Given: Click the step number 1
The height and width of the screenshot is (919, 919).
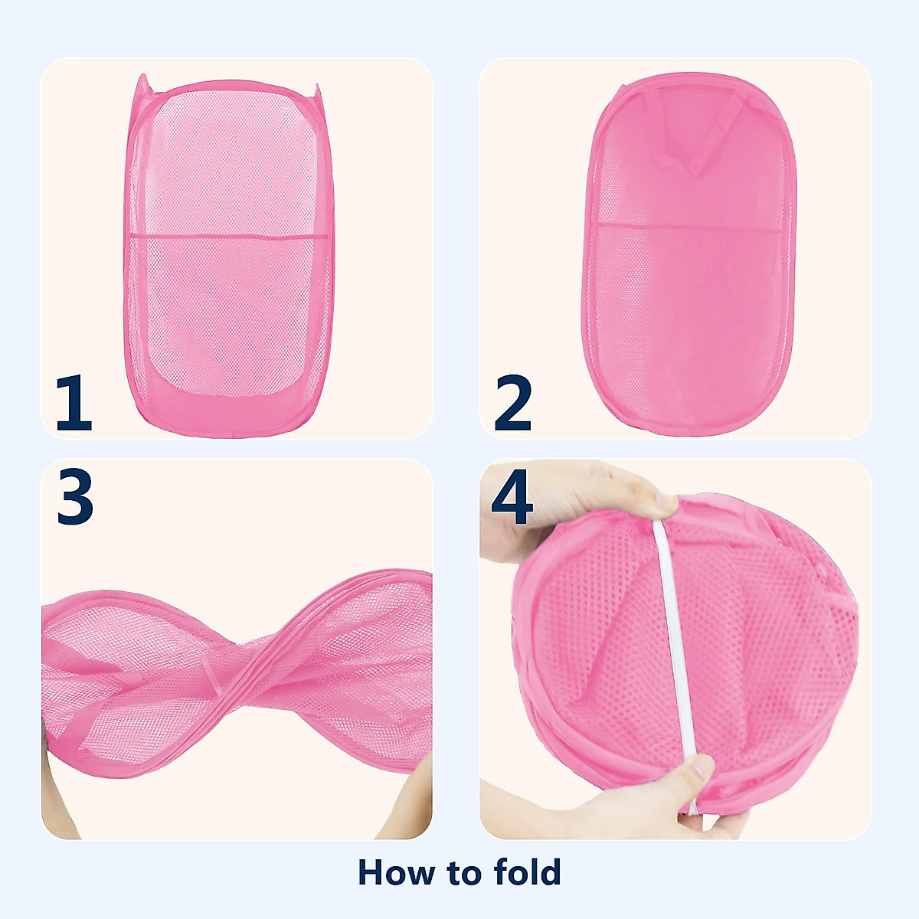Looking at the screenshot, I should [74, 404].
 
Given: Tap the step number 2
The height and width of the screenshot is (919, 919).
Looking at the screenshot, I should [512, 404].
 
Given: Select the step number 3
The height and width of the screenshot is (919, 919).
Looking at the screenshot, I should [74, 498].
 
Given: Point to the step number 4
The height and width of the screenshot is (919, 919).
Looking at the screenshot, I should [512, 498].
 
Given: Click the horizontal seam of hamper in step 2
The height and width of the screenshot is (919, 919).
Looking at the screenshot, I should [689, 226].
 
